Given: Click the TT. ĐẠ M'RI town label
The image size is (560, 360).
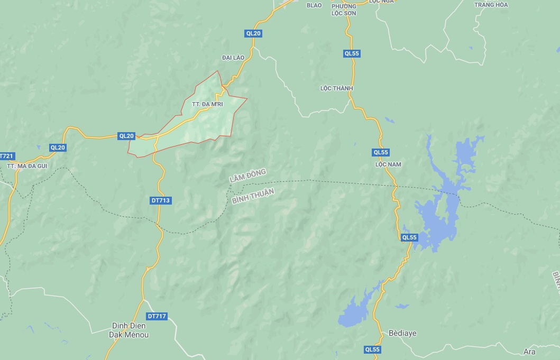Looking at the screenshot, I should click(207, 105).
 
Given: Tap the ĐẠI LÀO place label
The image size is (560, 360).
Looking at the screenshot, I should click(233, 57).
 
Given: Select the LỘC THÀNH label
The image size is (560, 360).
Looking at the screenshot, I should click(336, 88).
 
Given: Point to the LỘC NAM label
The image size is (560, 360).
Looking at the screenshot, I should click(388, 164).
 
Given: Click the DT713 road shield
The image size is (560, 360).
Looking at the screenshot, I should click(161, 200).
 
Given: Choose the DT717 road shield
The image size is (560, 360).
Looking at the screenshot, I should click(157, 316).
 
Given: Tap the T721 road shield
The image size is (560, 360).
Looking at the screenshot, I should click(6, 156).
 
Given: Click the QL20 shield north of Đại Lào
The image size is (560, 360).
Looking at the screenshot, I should click(253, 33).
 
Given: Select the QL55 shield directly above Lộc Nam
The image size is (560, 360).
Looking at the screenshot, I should click(381, 152).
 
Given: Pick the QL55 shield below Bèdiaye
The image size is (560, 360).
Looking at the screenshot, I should click(372, 349).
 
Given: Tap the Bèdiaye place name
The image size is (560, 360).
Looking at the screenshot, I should click(402, 334).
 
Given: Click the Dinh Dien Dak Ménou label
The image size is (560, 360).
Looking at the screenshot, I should click(128, 330).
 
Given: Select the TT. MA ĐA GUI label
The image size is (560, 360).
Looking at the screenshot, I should click(27, 166).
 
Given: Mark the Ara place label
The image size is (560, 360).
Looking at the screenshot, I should click(529, 352).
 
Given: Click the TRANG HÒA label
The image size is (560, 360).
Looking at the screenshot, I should click(491, 5).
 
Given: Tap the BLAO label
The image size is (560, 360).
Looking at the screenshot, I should click(314, 5).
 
